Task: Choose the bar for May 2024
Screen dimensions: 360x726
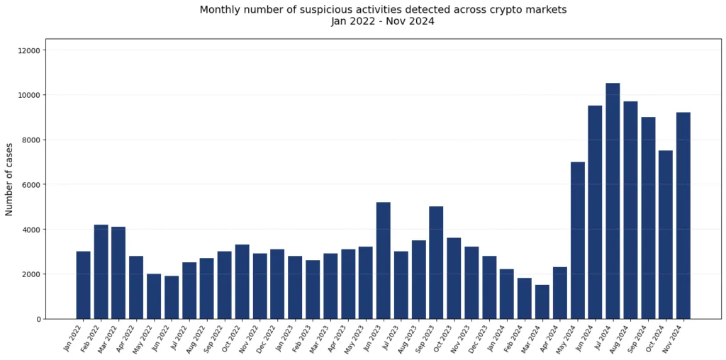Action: [x=577, y=240]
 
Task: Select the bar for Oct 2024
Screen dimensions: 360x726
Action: [x=665, y=235]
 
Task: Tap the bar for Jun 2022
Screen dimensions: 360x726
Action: [x=172, y=298]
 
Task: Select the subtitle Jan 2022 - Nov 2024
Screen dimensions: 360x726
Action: [x=383, y=21]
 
